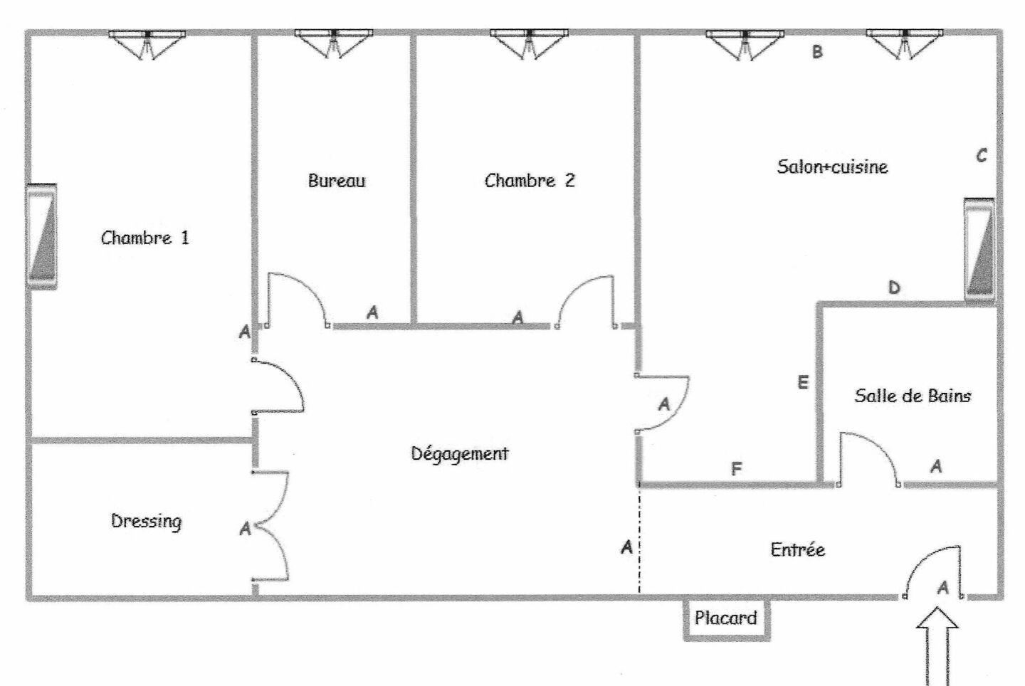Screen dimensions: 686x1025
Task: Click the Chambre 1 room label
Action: pyautogui.click(x=145, y=238)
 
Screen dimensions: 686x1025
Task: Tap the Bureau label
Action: pyautogui.click(x=336, y=181)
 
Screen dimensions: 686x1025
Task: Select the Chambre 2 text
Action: pyautogui.click(x=529, y=181)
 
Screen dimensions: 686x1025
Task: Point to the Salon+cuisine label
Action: pyautogui.click(x=832, y=167)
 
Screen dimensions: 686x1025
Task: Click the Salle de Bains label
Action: pyautogui.click(x=913, y=396)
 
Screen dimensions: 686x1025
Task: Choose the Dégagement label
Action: pyautogui.click(x=460, y=453)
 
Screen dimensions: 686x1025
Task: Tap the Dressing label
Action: pyautogui.click(x=146, y=521)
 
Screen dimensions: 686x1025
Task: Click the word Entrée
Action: pyautogui.click(x=797, y=549)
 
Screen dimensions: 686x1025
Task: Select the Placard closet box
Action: pyautogui.click(x=726, y=618)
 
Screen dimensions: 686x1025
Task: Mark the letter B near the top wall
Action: pyautogui.click(x=817, y=52)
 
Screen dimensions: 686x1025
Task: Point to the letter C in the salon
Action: pyautogui.click(x=982, y=155)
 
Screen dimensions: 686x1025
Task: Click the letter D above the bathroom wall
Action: pyautogui.click(x=894, y=287)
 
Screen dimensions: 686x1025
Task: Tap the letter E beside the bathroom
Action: pyautogui.click(x=803, y=383)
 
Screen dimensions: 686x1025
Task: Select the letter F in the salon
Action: pyautogui.click(x=737, y=469)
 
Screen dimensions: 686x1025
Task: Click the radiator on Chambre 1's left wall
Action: pyautogui.click(x=42, y=236)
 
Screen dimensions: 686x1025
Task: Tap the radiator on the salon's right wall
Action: pyautogui.click(x=979, y=249)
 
